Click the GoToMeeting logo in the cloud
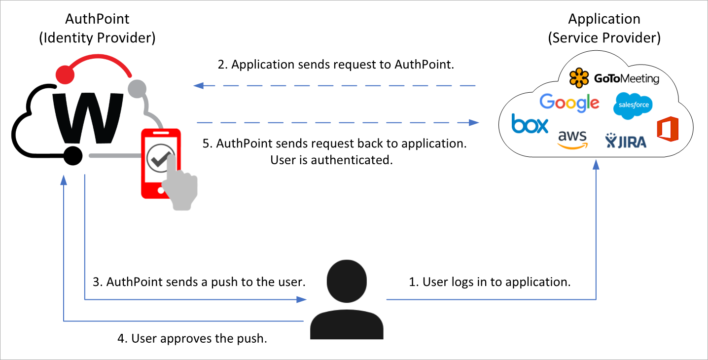click(614, 78)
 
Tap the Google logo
click(569, 102)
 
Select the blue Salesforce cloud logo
click(633, 106)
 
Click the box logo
click(530, 124)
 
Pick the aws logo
click(572, 139)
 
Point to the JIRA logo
click(626, 141)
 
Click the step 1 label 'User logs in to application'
click(490, 282)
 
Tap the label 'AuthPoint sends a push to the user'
click(199, 282)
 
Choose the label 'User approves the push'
click(192, 339)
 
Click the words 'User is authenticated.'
click(331, 160)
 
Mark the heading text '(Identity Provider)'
click(97, 38)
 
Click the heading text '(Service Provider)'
click(604, 38)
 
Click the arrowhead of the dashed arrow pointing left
click(198, 86)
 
